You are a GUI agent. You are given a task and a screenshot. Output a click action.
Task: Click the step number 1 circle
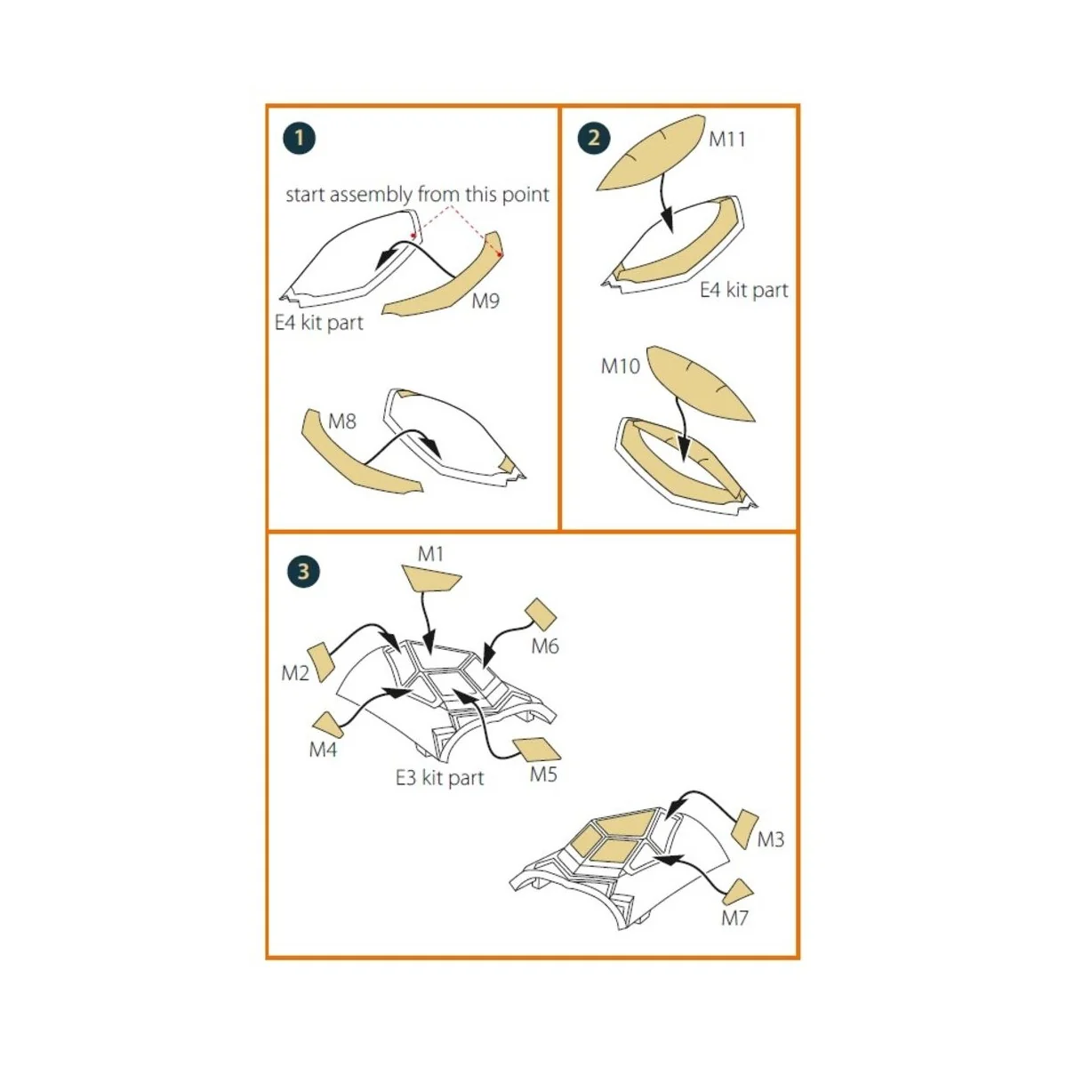[x=300, y=138]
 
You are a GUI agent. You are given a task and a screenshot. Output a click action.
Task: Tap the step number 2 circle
[x=593, y=138]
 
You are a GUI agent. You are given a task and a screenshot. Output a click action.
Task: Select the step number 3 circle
[x=303, y=571]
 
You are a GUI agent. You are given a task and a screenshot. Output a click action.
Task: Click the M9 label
[x=485, y=301]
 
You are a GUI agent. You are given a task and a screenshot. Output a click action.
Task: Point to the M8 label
[x=342, y=421]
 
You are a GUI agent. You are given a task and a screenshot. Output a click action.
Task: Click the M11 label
[x=727, y=139]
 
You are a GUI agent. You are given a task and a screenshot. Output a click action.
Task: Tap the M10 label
[x=621, y=365]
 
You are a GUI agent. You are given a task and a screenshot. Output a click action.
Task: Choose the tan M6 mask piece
[x=541, y=614]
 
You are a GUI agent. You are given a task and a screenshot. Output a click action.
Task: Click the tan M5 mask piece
[x=536, y=749]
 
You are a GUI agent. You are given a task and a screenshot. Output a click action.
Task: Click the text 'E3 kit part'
[x=439, y=778]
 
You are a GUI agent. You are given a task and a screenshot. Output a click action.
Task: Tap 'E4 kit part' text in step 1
[x=318, y=322]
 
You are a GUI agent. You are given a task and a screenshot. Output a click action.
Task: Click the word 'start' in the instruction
[x=305, y=195]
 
